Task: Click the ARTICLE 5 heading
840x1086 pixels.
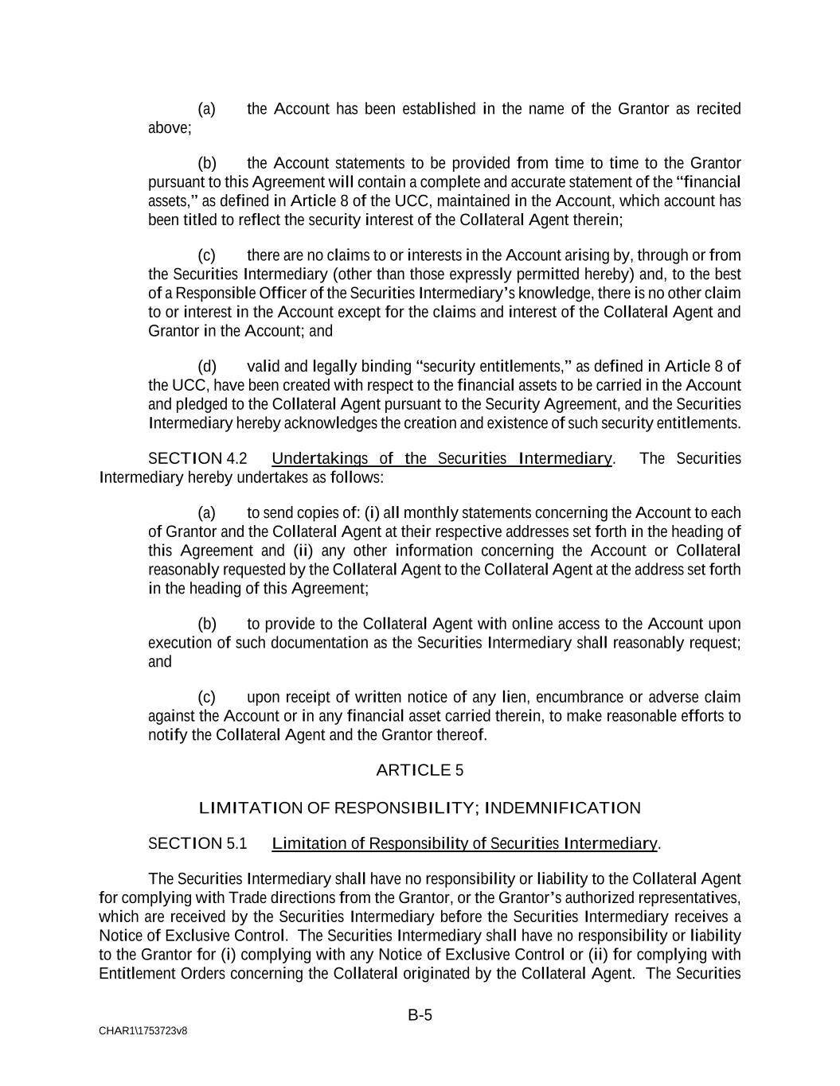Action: (419, 770)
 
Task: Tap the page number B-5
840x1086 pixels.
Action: (420, 1014)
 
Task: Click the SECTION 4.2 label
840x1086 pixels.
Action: (197, 459)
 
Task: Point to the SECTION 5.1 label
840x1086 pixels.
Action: (197, 843)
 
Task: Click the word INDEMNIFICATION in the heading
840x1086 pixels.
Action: (562, 808)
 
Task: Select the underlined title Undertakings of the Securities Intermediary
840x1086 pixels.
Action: (442, 459)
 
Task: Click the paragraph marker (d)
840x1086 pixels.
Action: (207, 367)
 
